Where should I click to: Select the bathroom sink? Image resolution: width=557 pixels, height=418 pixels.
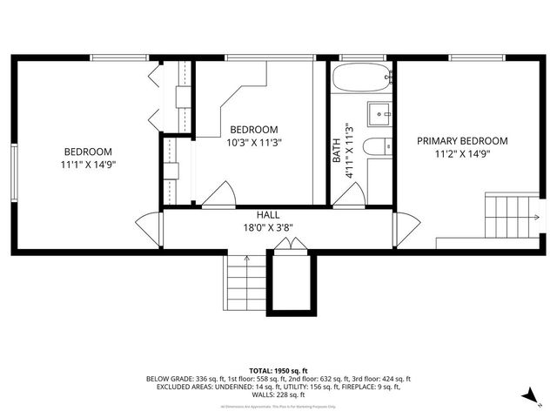tap(379, 113)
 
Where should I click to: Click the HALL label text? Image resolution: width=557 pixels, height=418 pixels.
tap(267, 215)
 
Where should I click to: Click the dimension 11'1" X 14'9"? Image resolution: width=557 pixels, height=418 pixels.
tap(88, 163)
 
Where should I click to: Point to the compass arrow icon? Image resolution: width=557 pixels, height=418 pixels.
tap(526, 396)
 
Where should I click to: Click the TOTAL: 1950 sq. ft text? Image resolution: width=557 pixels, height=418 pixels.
tap(278, 370)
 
